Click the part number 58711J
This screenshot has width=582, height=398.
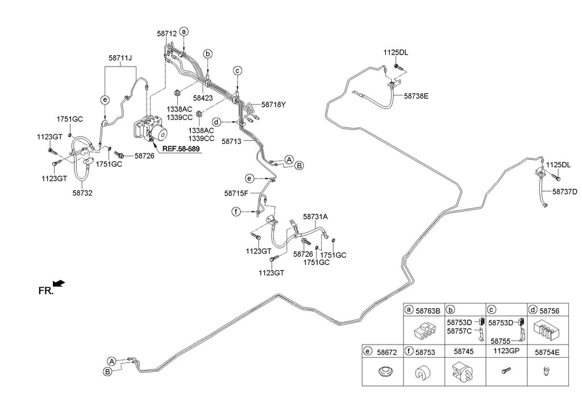point(120,58)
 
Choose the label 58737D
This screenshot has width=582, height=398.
point(564,192)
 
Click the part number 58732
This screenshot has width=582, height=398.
point(82,193)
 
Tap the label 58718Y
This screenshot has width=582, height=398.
point(273,105)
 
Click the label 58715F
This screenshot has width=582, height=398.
point(236,193)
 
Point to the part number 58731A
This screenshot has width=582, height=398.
point(315,217)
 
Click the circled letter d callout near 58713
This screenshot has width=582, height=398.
point(217,122)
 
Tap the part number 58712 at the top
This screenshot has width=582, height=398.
point(167,34)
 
